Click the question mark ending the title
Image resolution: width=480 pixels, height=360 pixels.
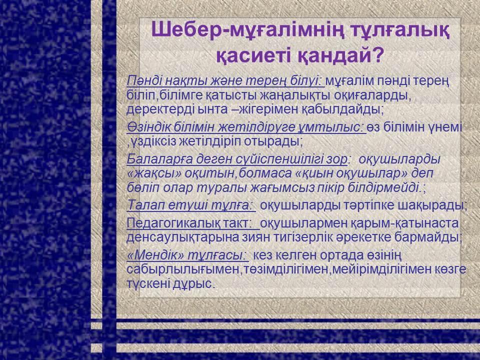click(x=376, y=54)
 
